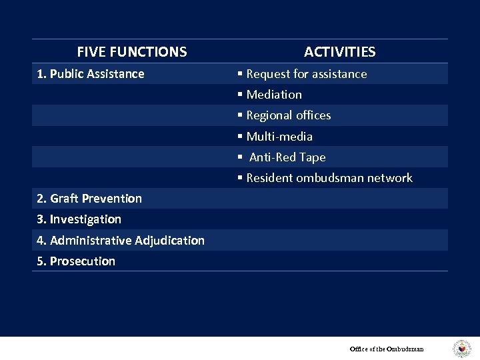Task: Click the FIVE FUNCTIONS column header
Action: coord(132,52)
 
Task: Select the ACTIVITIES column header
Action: coord(339,52)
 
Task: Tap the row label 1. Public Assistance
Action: coord(91,74)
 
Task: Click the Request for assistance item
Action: coord(306,74)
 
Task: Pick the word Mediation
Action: coord(274,95)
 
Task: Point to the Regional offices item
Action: coord(288,115)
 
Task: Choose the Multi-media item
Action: coord(279,137)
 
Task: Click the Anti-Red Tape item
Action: coord(287,157)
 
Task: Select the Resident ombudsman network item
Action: coord(329,178)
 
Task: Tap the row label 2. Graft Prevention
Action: coord(89,199)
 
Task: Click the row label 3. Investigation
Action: coord(79,219)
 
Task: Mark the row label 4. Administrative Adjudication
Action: coord(121,241)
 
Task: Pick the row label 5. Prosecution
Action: coord(76,261)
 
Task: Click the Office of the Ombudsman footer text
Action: coord(387,349)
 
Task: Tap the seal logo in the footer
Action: coord(461,349)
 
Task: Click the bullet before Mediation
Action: coord(241,95)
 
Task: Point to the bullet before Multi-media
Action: coord(241,137)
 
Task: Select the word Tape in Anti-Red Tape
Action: coord(313,157)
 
